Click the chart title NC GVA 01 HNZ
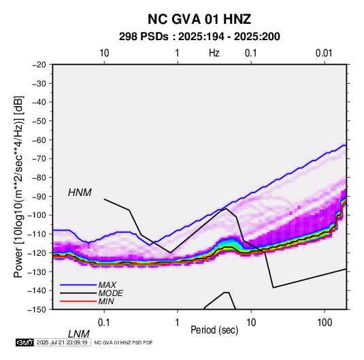[199, 19]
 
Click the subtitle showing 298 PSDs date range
[199, 37]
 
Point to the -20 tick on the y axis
[39, 65]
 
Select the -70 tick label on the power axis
[39, 159]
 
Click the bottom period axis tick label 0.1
[103, 323]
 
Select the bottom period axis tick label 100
[324, 323]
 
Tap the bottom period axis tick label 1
[177, 323]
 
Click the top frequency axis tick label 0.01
[324, 53]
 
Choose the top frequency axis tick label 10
[104, 53]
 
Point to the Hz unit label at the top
[214, 53]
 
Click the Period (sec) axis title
[214, 330]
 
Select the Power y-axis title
[18, 186]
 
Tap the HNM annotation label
[80, 193]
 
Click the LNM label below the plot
[78, 334]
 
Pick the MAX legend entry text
[107, 285]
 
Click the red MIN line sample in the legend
[78, 301]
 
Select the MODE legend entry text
[110, 293]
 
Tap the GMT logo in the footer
[24, 342]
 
